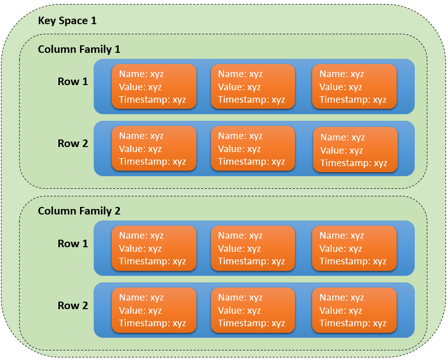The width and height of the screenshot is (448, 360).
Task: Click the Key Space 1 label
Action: (67, 21)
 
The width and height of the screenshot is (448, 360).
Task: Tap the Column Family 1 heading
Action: (79, 49)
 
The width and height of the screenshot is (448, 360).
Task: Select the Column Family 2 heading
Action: (79, 211)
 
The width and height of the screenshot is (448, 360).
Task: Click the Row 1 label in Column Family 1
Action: (72, 81)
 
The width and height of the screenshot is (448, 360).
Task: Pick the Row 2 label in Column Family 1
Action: (72, 143)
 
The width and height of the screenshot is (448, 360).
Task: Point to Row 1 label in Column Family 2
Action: (72, 243)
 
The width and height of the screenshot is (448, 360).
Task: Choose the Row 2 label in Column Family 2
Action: (72, 305)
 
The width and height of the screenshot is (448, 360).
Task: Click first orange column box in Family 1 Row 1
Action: (154, 87)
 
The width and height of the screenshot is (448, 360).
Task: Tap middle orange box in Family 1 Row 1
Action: (253, 87)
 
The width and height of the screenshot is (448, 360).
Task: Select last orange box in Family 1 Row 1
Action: (354, 87)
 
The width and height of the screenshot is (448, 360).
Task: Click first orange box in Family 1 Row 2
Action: (154, 149)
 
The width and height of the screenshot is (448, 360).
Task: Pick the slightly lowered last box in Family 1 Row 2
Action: (355, 150)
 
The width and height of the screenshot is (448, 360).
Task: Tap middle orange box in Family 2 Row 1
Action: (253, 248)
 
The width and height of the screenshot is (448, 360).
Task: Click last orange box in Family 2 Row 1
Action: (354, 248)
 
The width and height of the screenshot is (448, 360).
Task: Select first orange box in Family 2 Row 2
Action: (154, 310)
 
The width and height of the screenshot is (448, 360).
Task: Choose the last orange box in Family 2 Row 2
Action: (354, 310)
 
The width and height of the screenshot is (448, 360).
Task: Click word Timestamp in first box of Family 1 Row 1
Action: (144, 100)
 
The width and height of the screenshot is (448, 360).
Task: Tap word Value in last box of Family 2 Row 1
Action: (332, 249)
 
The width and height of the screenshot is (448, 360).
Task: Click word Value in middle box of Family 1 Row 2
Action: (231, 149)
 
